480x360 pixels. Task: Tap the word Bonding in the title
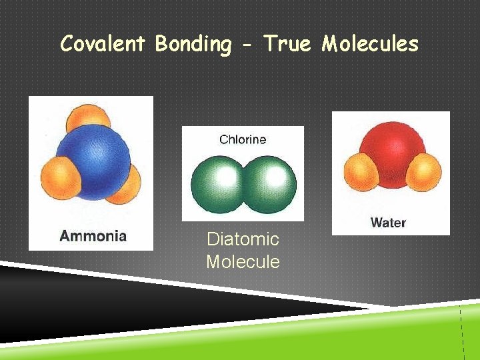point(193,44)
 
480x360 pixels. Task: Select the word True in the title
point(288,44)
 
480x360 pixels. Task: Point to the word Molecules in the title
point(370,44)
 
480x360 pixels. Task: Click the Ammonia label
point(93,235)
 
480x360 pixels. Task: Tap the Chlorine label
point(243,139)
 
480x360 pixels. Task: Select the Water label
point(388,222)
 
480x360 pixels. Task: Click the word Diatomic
point(243,239)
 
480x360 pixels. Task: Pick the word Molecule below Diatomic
point(243,261)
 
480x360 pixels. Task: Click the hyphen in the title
point(247,45)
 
